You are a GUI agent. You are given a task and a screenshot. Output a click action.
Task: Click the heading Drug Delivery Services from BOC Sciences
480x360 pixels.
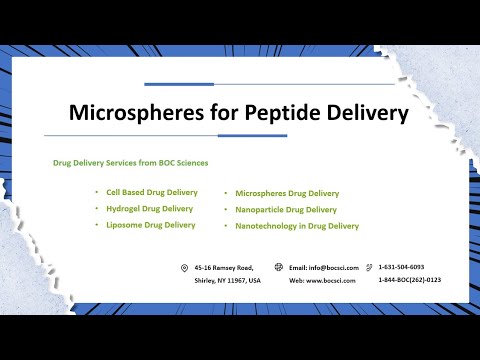coord(130,162)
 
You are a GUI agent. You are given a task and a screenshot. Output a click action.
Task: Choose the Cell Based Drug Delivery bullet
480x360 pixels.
coord(152,192)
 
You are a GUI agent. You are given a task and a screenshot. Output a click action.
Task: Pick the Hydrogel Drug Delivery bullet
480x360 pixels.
coord(150,208)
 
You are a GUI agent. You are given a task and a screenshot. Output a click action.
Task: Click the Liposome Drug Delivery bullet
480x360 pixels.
coord(151,225)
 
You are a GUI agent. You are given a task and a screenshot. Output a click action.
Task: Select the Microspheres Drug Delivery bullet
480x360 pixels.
coord(287,193)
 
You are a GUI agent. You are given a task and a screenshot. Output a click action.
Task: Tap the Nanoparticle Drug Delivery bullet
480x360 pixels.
coord(286,210)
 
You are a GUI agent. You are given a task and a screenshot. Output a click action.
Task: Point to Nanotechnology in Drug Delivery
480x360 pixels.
coord(297,226)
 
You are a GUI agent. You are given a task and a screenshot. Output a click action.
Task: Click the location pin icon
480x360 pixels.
coord(184,268)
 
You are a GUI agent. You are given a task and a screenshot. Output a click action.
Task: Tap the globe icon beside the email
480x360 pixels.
coord(278,268)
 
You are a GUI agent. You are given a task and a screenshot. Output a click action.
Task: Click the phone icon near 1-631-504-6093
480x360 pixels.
coord(369,268)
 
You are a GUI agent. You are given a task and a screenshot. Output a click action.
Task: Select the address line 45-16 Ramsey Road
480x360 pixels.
coord(224,268)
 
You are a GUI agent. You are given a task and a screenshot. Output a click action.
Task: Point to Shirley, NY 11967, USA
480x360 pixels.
coord(227,281)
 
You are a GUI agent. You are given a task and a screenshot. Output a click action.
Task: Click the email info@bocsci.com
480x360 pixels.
coord(323,268)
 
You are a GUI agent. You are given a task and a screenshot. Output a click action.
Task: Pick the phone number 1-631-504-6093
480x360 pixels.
coord(401,267)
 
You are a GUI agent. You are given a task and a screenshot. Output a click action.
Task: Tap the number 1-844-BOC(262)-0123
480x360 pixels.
coord(409,280)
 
